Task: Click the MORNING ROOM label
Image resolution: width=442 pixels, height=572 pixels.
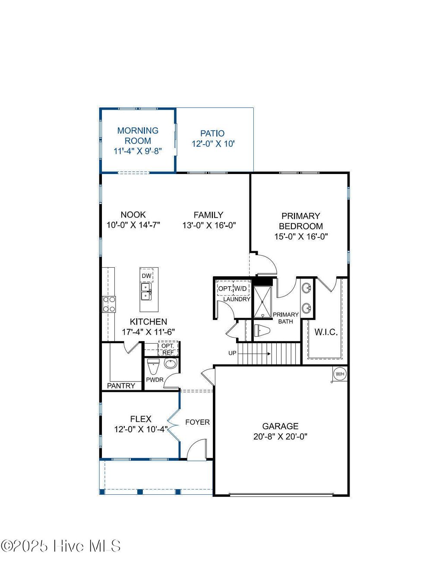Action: [138, 136]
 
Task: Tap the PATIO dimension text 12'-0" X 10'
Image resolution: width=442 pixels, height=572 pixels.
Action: [213, 144]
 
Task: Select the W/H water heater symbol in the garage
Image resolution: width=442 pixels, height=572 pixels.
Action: [340, 374]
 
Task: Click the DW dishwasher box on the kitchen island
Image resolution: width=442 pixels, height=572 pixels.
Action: [147, 276]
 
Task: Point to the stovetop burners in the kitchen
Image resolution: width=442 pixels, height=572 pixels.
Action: [109, 303]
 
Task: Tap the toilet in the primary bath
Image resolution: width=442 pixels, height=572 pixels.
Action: [262, 331]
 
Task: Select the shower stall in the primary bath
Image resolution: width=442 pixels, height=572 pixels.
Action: [262, 302]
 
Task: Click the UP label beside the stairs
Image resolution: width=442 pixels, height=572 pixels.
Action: [232, 353]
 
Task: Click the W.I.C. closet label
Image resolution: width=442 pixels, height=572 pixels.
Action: [326, 332]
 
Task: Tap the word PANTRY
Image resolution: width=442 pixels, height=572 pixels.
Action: [121, 386]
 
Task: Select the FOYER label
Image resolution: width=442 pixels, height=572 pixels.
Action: [197, 422]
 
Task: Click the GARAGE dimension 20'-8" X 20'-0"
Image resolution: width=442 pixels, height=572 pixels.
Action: [280, 436]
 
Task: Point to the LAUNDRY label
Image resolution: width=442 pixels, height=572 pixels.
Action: [237, 299]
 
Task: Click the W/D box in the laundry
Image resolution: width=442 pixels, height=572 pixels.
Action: [241, 288]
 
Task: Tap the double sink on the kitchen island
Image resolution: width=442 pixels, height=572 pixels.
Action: [146, 291]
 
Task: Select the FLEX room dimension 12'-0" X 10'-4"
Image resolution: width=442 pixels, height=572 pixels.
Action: [141, 430]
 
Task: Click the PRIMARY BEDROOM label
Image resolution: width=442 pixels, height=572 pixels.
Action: [301, 221]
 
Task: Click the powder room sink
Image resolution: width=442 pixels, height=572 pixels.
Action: [170, 363]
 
